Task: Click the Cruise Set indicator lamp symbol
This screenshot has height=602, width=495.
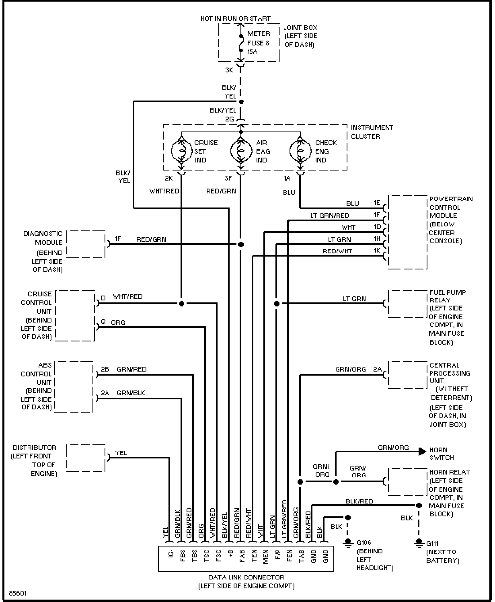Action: click(182, 151)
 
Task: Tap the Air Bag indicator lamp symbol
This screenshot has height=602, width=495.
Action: click(241, 151)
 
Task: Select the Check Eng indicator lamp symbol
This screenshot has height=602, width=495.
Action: click(300, 151)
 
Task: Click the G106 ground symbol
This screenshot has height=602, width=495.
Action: click(348, 542)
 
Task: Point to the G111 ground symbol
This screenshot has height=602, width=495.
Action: click(419, 542)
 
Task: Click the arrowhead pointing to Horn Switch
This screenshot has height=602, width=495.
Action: click(422, 452)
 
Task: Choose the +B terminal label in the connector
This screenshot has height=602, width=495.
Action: click(230, 556)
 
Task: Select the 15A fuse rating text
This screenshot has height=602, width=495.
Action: click(253, 51)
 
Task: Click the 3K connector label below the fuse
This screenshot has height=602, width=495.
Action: click(229, 70)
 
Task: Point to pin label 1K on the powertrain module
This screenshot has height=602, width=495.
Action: click(377, 251)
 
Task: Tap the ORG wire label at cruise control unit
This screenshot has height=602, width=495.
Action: click(118, 322)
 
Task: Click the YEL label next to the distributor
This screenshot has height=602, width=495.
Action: click(121, 453)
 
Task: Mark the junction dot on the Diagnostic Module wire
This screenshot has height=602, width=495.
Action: click(241, 244)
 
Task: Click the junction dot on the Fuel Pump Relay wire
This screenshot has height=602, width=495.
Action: click(276, 304)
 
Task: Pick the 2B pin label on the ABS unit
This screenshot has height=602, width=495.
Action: click(105, 369)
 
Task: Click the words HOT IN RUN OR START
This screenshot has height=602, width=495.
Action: click(235, 19)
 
